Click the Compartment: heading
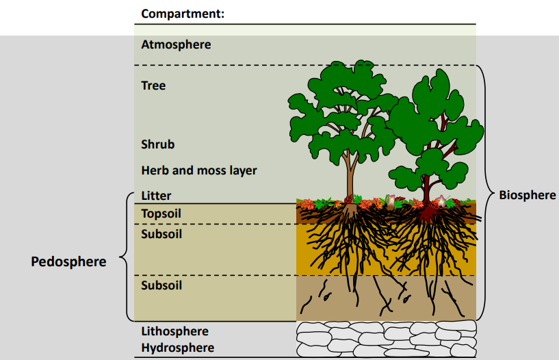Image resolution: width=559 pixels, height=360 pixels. click(183, 13)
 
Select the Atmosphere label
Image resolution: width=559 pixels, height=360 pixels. click(176, 44)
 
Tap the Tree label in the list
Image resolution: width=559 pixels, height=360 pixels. click(153, 86)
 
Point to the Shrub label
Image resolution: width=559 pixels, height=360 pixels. click(158, 144)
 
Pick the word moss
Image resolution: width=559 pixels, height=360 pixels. click(212, 170)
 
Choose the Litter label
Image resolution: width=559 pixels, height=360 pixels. click(156, 196)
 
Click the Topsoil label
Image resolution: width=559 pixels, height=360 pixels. click(161, 214)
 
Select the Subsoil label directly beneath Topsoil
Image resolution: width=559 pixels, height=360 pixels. click(161, 233)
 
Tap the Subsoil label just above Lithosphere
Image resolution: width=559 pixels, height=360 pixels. click(161, 285)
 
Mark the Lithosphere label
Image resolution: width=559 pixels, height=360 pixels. click(174, 331)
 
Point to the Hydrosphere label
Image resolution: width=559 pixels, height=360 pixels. click(177, 348)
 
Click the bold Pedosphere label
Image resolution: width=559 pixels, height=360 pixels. click(68, 261)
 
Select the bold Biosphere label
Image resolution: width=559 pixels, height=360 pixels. click(527, 195)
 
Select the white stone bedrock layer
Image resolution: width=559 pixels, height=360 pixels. click(385, 338)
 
